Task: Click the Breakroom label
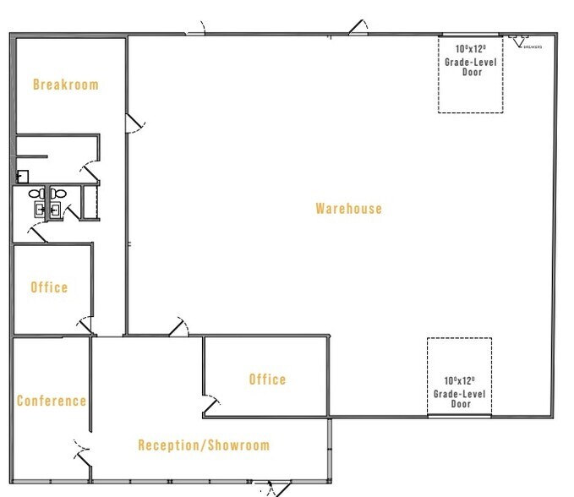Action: (x=65, y=85)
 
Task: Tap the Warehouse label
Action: (x=348, y=209)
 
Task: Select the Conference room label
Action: (x=52, y=401)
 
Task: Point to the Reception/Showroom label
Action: (x=204, y=445)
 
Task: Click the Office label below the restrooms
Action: (x=49, y=287)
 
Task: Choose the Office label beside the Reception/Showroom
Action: (x=267, y=380)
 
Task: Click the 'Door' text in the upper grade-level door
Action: (x=472, y=74)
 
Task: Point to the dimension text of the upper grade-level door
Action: (x=472, y=50)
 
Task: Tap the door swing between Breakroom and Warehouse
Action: (x=133, y=124)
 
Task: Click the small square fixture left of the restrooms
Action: (x=23, y=177)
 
